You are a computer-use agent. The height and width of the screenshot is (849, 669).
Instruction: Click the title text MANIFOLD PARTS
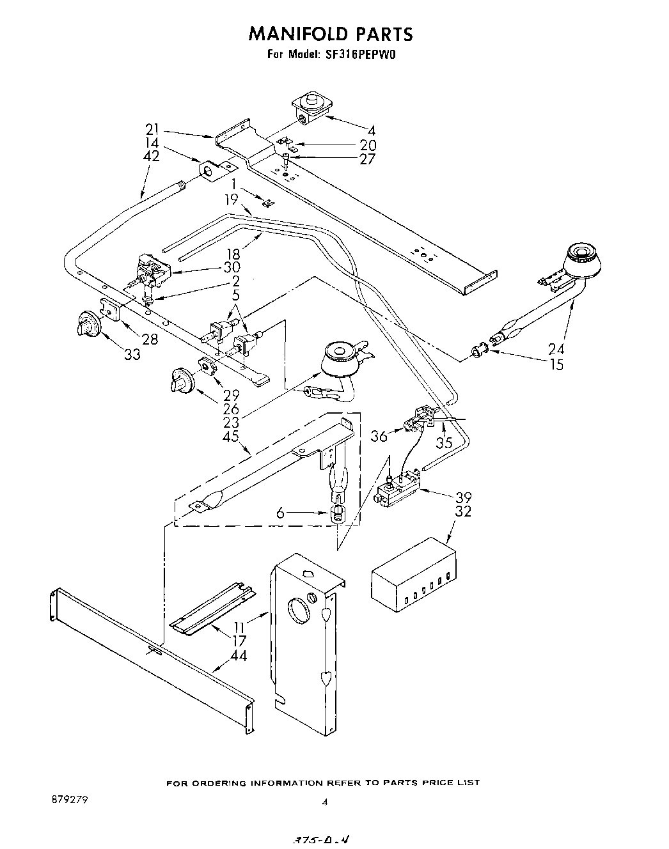[x=331, y=33]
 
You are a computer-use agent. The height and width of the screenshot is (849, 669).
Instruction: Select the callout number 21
[x=152, y=130]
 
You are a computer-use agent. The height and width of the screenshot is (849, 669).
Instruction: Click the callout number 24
[x=556, y=349]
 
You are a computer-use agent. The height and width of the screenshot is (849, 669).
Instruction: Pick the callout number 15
[x=556, y=364]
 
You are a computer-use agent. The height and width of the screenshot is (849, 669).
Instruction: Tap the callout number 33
[x=132, y=354]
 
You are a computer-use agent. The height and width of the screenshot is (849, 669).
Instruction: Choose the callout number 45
[x=231, y=436]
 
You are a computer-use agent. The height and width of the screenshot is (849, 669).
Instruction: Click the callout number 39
[x=464, y=497]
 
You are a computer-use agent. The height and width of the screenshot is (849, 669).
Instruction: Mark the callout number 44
[x=239, y=655]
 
